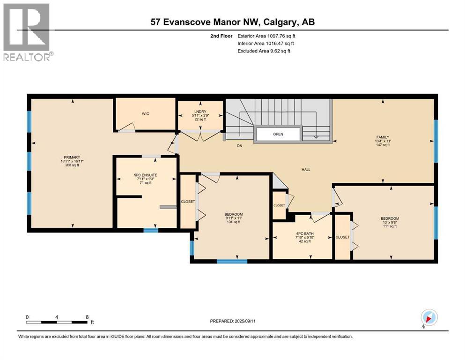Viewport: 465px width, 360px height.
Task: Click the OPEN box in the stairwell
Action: [x=278, y=134]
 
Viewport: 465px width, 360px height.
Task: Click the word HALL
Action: [x=306, y=170]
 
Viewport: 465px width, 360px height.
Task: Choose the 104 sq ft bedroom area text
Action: [x=233, y=222]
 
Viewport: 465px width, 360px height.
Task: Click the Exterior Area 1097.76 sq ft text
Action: [x=266, y=36]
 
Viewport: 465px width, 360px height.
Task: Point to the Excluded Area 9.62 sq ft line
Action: [x=264, y=51]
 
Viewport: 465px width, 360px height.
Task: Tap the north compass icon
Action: [x=428, y=317]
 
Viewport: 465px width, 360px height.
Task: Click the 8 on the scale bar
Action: [x=87, y=317]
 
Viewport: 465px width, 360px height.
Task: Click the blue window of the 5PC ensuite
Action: [x=150, y=230]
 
